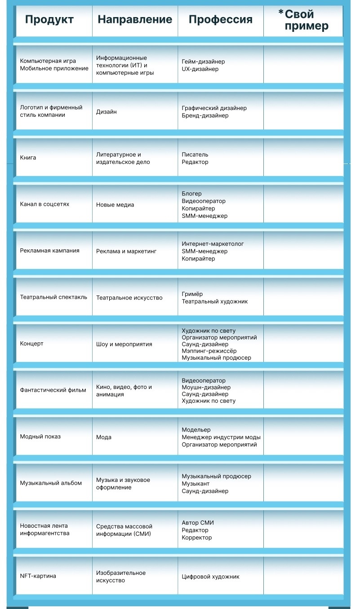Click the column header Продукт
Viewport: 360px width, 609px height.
click(49, 20)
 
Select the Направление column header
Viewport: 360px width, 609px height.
click(135, 20)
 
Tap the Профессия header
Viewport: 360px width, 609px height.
click(220, 20)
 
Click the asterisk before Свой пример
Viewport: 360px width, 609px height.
click(281, 13)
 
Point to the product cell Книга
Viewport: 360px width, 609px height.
click(28, 158)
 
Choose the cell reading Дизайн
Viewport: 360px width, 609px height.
click(107, 111)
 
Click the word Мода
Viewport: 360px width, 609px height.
click(104, 437)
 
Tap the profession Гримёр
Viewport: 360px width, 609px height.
click(192, 294)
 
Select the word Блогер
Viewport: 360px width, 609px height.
click(192, 194)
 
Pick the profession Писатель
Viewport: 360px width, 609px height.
click(195, 154)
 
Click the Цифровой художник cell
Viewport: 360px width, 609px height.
click(211, 577)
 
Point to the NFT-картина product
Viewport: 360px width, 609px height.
click(38, 576)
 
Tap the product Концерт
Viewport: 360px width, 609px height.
click(32, 344)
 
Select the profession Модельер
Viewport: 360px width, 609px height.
click(196, 430)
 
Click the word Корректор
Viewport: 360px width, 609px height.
click(197, 538)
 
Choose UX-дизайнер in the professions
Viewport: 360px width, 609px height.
click(200, 69)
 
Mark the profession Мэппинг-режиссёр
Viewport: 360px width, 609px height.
click(209, 351)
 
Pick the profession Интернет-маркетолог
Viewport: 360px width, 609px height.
click(213, 244)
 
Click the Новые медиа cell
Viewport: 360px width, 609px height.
click(115, 205)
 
